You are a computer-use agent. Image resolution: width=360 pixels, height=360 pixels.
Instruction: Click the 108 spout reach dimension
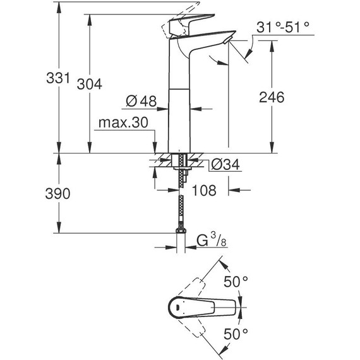pos(206,189)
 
